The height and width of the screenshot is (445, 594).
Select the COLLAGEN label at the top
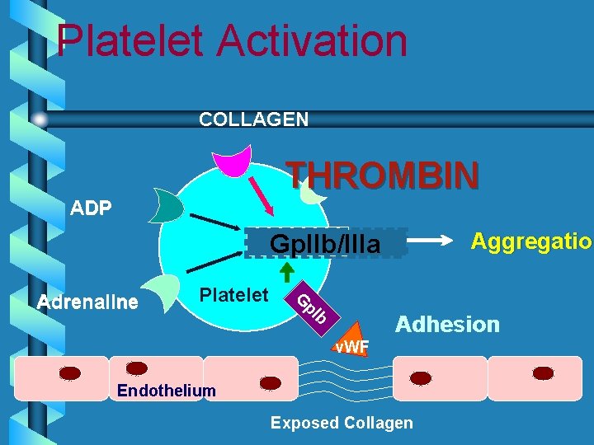[x=254, y=119]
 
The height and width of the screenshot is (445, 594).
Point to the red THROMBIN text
[x=382, y=175]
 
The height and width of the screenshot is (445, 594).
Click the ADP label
[x=91, y=208]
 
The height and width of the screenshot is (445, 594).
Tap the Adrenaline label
[x=88, y=302]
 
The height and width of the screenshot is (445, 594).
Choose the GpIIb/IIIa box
[x=327, y=244]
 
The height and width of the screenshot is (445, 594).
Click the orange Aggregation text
[x=530, y=241]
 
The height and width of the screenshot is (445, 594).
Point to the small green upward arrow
[x=287, y=271]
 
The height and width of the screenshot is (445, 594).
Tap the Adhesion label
[x=448, y=324]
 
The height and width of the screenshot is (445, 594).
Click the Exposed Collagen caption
[x=342, y=423]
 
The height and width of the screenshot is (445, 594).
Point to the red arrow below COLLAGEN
[x=262, y=195]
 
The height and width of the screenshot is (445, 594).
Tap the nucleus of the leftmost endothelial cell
[x=71, y=372]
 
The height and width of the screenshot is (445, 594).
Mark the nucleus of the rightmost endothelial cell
[x=544, y=372]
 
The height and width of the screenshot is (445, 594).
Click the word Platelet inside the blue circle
[x=234, y=295]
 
